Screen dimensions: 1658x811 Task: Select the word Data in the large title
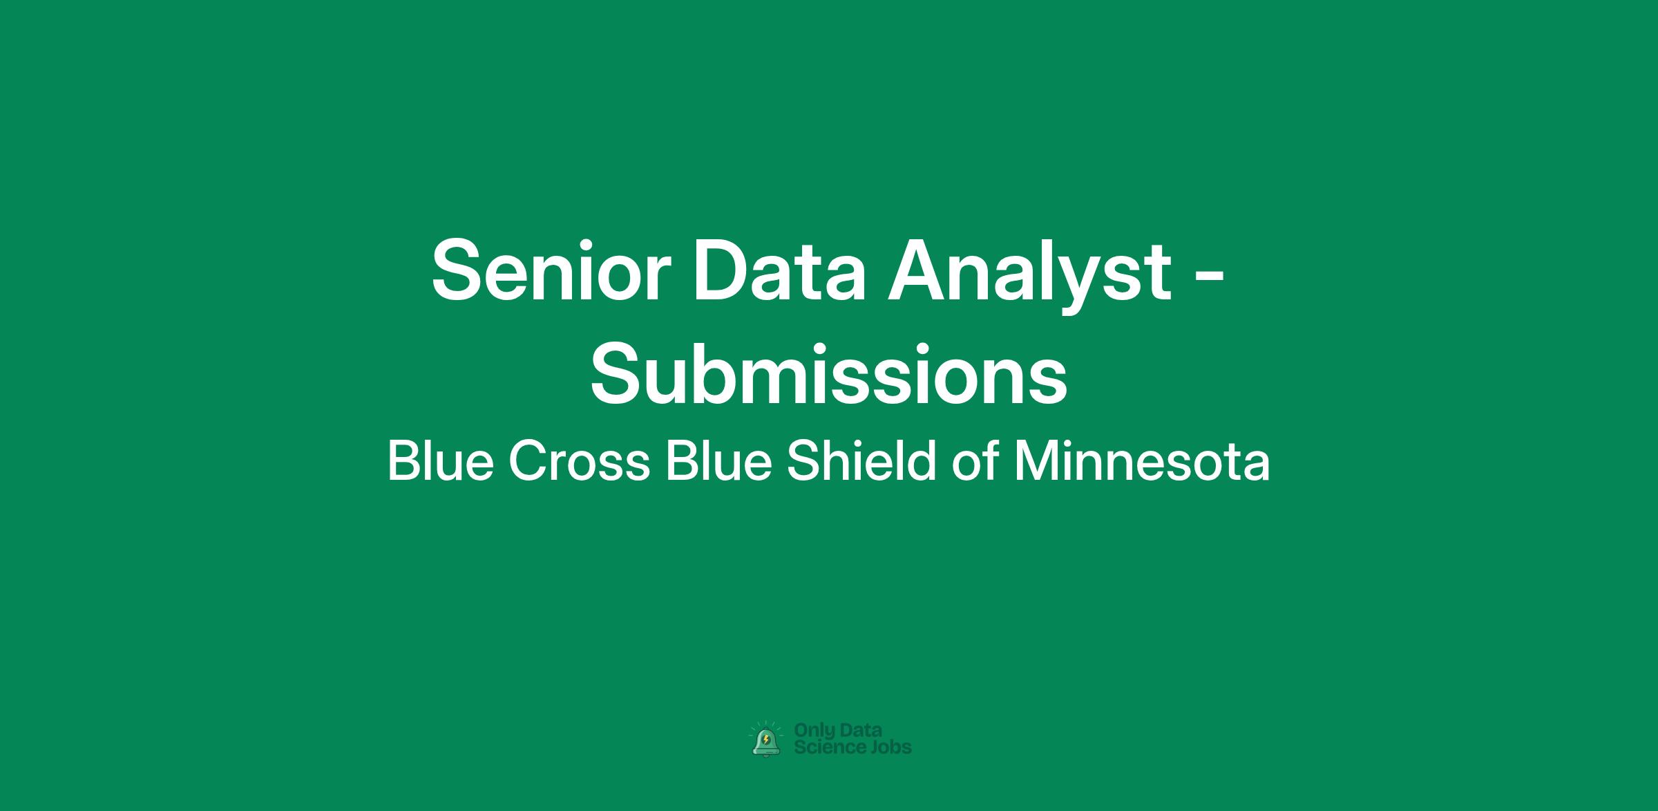click(779, 270)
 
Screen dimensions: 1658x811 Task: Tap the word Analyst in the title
click(1029, 276)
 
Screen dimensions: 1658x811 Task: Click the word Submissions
click(829, 373)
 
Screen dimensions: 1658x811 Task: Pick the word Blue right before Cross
click(441, 461)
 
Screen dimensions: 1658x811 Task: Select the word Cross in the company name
click(580, 461)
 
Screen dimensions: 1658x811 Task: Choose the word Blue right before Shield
click(718, 461)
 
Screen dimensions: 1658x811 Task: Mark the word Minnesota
click(1142, 461)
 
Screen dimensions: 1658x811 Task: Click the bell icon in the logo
click(765, 740)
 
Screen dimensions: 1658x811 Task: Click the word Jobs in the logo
click(890, 747)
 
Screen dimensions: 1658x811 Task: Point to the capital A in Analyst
click(919, 270)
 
